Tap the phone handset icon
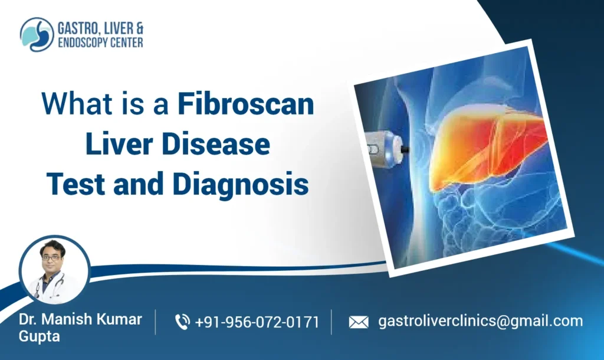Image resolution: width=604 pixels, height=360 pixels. [183, 322]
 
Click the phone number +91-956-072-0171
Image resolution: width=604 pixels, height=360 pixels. [257, 322]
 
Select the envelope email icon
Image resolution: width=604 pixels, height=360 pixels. [358, 322]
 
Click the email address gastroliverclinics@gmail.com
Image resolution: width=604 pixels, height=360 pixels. [480, 321]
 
